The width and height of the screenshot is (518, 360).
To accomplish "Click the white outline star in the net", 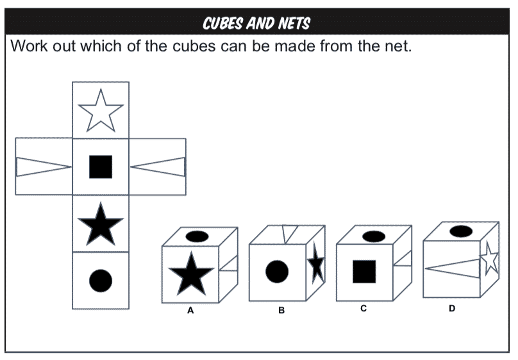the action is (101, 110).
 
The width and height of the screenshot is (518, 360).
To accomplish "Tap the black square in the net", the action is (101, 167).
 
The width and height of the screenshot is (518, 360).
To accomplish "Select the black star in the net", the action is (101, 224).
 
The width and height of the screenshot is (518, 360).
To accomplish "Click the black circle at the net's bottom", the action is (101, 281).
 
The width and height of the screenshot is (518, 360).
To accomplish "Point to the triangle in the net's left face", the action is (44, 167).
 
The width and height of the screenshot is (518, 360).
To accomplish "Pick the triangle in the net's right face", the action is (158, 167).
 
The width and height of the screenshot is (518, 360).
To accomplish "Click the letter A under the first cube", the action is (190, 311).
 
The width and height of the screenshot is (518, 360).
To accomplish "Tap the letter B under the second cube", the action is (281, 310).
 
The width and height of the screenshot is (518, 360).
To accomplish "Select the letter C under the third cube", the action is (363, 309).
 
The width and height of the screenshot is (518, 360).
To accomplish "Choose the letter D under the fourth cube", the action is (452, 309).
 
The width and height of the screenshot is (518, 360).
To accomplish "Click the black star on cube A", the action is (191, 274).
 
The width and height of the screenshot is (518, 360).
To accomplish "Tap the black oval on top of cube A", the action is (197, 236).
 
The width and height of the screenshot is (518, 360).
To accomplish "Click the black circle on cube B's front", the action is (277, 272).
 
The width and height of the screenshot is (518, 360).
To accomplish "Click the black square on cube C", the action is (364, 272).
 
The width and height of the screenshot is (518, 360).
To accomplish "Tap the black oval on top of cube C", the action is (374, 236).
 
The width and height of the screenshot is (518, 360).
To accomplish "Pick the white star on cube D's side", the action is (489, 258).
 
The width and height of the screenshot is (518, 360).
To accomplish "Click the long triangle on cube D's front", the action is (452, 268).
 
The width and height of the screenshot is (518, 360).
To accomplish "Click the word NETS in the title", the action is (294, 24).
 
